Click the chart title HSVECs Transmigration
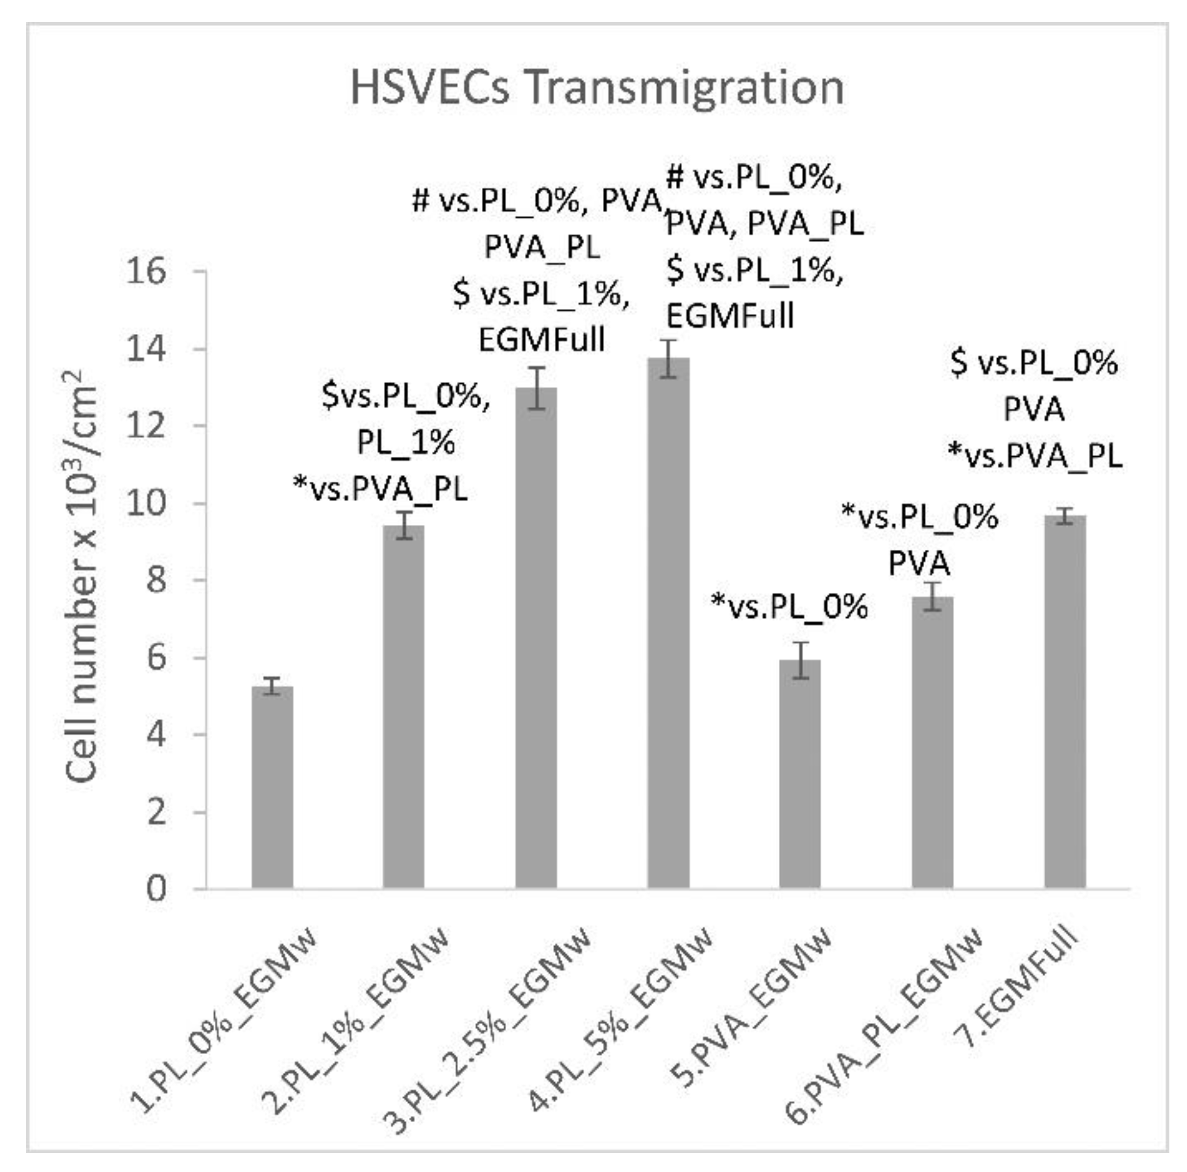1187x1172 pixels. pyautogui.click(x=596, y=88)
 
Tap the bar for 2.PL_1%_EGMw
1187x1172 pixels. pyautogui.click(x=403, y=706)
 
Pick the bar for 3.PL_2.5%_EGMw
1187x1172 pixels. pyautogui.click(x=537, y=639)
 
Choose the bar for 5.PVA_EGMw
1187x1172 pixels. pyautogui.click(x=800, y=774)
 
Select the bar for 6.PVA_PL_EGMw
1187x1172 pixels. pyautogui.click(x=933, y=743)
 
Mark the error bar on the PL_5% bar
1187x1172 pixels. pyautogui.click(x=669, y=359)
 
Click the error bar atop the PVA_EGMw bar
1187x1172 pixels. pyautogui.click(x=800, y=661)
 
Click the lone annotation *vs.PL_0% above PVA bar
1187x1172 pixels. pyautogui.click(x=790, y=607)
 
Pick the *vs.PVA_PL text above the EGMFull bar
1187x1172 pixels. pyautogui.click(x=1036, y=456)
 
